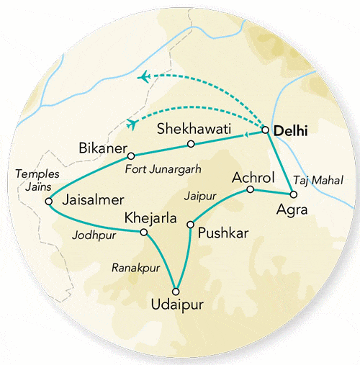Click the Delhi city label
pyautogui.click(x=290, y=131)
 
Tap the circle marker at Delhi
pyautogui.click(x=266, y=130)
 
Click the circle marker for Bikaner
pyautogui.click(x=130, y=156)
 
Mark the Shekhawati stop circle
pyautogui.click(x=191, y=144)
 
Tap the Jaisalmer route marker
pyautogui.click(x=48, y=202)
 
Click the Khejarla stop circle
pyautogui.click(x=143, y=232)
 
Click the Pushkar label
pyautogui.click(x=219, y=234)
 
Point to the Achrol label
pyautogui.click(x=251, y=177)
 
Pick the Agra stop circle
pyautogui.click(x=292, y=195)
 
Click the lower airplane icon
pyautogui.click(x=132, y=124)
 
